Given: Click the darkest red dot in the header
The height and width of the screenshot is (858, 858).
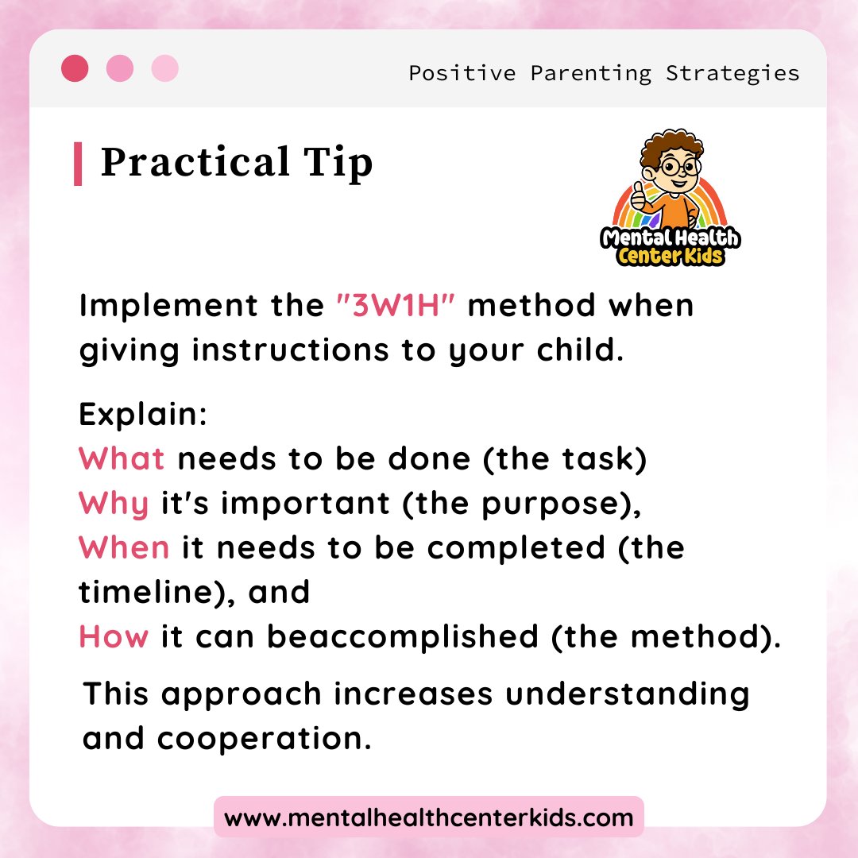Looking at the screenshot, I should [x=75, y=68].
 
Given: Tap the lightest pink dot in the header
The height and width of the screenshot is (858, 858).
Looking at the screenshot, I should [x=165, y=68].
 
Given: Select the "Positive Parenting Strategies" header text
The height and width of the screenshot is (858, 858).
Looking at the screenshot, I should [x=604, y=73].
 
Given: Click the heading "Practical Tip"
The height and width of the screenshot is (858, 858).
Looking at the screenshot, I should [x=237, y=163].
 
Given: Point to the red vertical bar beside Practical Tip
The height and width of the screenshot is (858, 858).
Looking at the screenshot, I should [x=78, y=164].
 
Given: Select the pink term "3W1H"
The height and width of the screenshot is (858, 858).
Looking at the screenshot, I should [x=395, y=306].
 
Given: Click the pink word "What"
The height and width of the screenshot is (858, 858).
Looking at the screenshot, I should [x=122, y=458].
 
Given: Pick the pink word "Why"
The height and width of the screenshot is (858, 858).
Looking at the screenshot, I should [x=114, y=503].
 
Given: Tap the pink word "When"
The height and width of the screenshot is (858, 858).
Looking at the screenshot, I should [x=124, y=547].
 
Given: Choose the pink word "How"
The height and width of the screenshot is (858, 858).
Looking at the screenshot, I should [x=114, y=636].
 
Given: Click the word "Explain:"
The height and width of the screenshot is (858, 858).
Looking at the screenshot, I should [x=143, y=414].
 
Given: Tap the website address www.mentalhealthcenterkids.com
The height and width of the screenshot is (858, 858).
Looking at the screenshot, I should [x=429, y=817].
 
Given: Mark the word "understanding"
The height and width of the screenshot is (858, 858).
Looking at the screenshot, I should [x=628, y=694].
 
